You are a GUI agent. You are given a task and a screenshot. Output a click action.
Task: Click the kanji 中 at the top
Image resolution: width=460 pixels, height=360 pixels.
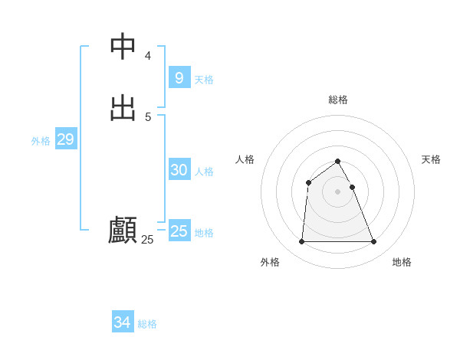tap(123, 47)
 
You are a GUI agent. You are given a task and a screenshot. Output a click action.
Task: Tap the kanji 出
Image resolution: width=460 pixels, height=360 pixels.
tap(123, 107)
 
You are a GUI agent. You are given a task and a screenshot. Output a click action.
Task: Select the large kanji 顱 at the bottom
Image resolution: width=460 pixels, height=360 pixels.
tap(123, 230)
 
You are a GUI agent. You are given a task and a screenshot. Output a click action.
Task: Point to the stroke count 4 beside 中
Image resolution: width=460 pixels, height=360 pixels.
tap(148, 56)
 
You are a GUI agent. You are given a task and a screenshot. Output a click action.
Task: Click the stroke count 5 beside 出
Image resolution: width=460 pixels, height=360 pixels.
tap(148, 116)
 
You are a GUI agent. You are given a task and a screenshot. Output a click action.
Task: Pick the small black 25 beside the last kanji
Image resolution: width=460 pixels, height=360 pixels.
tap(147, 240)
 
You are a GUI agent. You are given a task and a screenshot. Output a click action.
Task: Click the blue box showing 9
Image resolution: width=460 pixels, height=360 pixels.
tap(179, 78)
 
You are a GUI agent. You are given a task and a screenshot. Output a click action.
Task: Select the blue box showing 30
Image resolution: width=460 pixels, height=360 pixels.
tap(179, 170)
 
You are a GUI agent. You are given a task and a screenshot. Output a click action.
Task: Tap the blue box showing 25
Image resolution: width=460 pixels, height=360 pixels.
tap(179, 231)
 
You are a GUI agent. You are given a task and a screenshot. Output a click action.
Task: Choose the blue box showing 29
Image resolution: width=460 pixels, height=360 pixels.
tap(65, 139)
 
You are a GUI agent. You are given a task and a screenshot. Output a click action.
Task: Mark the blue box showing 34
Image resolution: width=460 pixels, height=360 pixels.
tap(122, 322)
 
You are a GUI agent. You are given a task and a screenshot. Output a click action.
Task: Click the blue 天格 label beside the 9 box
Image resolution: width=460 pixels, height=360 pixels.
tap(204, 80)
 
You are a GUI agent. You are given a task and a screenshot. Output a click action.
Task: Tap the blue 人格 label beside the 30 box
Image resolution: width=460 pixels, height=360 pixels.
tap(204, 172)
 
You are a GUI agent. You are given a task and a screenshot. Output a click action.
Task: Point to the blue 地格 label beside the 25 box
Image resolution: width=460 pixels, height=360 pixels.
tap(204, 233)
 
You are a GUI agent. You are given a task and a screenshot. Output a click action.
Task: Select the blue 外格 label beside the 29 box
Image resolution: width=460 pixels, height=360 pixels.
tap(41, 141)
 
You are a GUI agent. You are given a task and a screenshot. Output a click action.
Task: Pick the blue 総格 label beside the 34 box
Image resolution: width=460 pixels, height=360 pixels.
tap(147, 324)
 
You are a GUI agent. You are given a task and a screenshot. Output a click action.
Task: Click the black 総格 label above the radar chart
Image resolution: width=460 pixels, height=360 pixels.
tap(338, 100)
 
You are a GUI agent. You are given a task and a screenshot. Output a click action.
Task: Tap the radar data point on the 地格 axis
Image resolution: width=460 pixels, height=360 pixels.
tap(373, 242)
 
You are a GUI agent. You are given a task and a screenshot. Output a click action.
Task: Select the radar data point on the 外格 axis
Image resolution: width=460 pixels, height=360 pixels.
tap(301, 242)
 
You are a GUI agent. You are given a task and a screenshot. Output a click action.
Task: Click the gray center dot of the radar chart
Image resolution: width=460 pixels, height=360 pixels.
tap(337, 191)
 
